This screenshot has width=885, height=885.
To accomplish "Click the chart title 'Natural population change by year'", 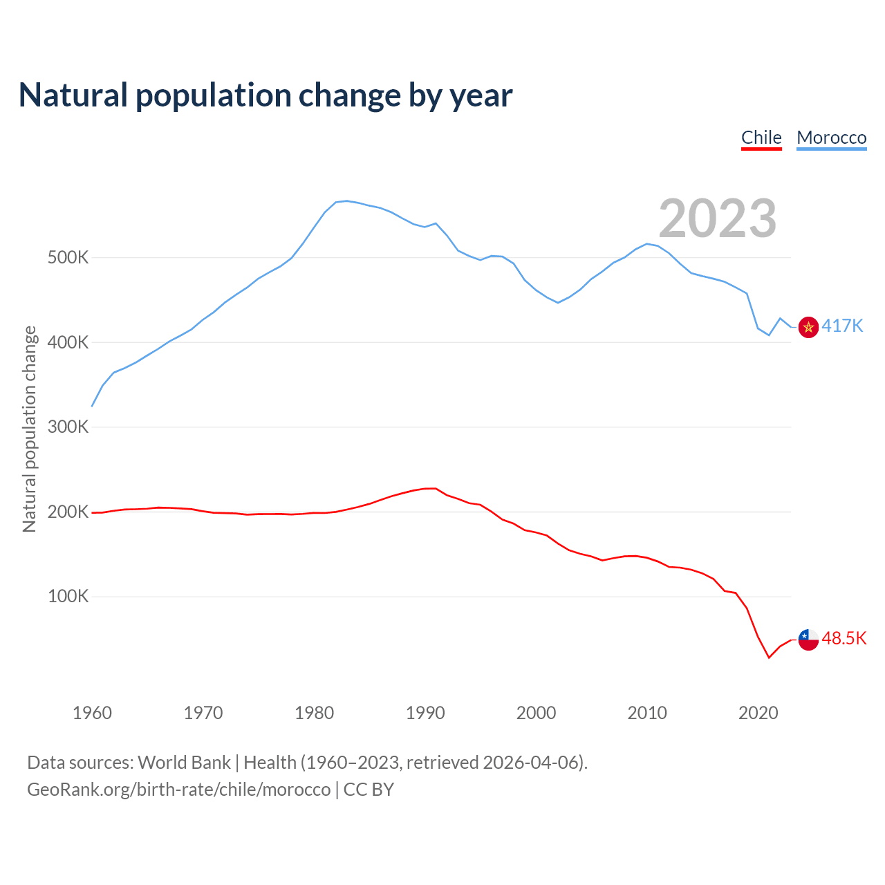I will [265, 95].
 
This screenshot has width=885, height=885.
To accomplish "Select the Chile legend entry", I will [761, 138].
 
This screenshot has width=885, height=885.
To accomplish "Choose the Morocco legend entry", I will [831, 138].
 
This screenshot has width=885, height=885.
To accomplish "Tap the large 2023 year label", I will [717, 218].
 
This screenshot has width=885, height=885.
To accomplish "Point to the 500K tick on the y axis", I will [68, 258].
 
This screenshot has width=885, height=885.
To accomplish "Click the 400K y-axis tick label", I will [68, 342].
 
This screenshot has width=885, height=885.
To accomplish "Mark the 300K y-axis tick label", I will [68, 427].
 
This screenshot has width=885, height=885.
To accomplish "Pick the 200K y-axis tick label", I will [68, 512].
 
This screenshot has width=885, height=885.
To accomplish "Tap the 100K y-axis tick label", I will [68, 596].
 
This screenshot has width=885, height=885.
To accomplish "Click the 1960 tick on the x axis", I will [92, 713].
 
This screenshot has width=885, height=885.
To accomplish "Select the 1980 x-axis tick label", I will [314, 713].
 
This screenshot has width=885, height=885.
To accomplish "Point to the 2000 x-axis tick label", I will [536, 713].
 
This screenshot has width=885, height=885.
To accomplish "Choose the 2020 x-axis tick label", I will [758, 713].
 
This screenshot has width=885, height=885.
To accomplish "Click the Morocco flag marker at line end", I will [808, 327].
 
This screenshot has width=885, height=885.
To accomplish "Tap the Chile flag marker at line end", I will [808, 640].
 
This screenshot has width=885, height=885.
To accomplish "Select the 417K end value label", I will [842, 326].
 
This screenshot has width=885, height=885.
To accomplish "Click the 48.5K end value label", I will [844, 638].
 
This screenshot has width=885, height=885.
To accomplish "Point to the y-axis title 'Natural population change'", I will [30, 429].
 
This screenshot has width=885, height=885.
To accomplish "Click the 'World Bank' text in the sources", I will [184, 763].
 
